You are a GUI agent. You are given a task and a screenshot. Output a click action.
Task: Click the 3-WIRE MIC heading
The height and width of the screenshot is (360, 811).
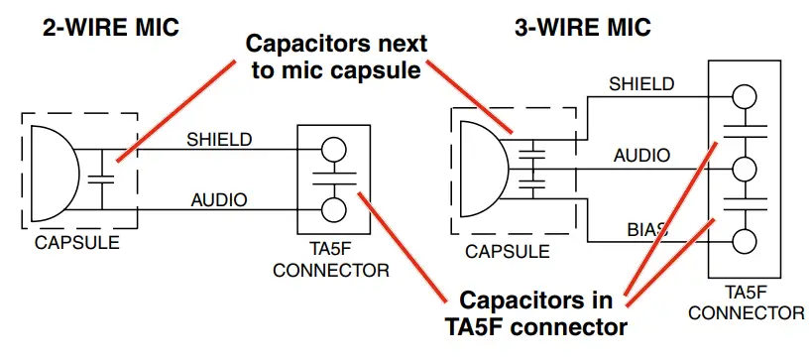tap(579, 27)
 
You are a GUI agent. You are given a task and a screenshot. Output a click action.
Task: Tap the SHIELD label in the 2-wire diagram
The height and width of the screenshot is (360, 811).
tap(219, 139)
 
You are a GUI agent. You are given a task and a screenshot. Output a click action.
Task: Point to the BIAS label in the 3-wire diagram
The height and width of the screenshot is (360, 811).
tap(646, 229)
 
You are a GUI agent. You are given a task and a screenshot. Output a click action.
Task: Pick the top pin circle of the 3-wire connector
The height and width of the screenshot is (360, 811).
tap(744, 97)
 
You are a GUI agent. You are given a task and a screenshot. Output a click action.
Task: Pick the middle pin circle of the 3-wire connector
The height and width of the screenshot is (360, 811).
tap(744, 168)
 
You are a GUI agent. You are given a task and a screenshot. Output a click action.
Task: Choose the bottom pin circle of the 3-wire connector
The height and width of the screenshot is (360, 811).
tap(744, 240)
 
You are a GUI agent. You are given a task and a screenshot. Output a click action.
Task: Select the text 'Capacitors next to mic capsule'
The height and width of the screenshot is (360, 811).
tap(336, 58)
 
